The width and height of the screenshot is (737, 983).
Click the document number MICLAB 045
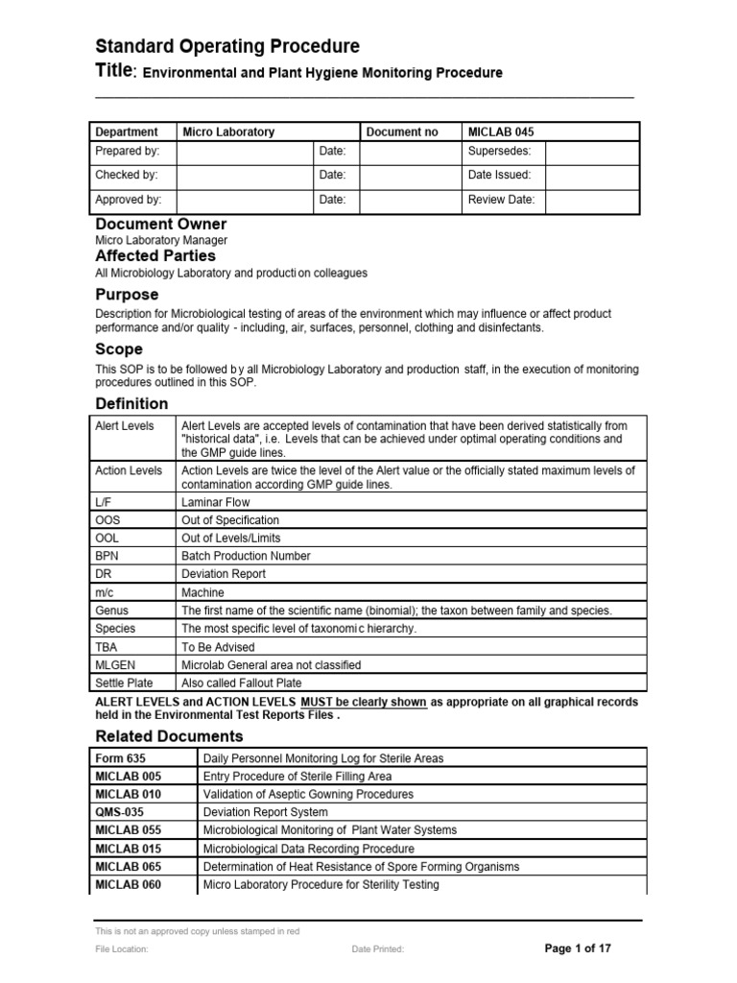click(x=500, y=132)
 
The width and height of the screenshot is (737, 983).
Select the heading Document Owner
click(x=160, y=224)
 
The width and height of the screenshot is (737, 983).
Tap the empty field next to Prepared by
click(x=245, y=152)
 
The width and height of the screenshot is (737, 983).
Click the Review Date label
click(x=501, y=200)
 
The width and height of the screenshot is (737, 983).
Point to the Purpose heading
click(x=127, y=295)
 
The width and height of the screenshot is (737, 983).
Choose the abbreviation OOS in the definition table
click(x=107, y=520)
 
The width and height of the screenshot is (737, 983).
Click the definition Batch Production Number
click(x=246, y=556)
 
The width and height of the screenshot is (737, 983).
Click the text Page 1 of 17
click(x=578, y=948)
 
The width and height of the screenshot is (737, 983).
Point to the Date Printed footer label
click(x=378, y=949)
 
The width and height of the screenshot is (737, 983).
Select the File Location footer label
click(x=122, y=949)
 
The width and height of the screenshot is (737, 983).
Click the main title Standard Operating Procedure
click(x=227, y=46)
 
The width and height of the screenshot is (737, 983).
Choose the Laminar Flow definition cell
click(x=215, y=502)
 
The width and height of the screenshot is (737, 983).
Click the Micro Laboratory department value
click(x=228, y=132)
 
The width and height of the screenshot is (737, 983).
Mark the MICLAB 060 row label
click(x=128, y=884)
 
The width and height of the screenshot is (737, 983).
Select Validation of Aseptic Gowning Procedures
click(x=308, y=794)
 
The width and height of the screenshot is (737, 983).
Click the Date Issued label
click(x=499, y=176)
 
